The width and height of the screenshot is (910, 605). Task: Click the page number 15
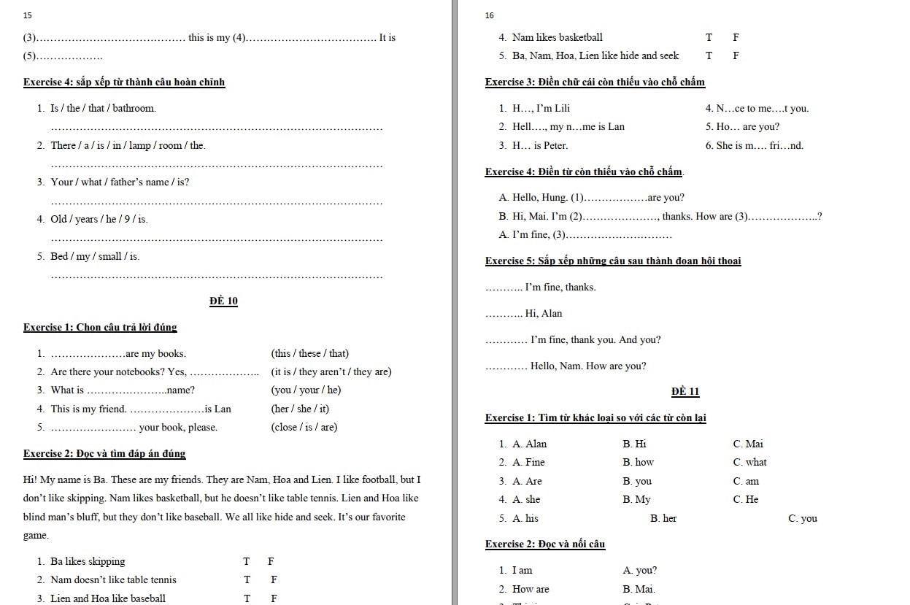28,15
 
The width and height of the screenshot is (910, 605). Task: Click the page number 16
489,15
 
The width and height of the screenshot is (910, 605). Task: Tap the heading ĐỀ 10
223,301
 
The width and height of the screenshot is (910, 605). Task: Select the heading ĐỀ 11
685,391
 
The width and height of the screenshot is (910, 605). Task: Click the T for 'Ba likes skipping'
247,561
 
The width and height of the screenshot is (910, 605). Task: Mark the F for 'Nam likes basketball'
736,37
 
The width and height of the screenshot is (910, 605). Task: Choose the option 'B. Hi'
634,444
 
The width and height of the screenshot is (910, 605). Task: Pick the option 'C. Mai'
748,444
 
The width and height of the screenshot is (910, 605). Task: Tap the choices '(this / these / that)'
309,353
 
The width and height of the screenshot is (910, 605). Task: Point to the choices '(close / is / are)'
304,427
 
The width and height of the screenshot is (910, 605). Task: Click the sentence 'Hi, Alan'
543,313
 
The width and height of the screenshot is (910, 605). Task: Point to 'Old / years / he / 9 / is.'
99,219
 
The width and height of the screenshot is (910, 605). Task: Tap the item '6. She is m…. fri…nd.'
754,145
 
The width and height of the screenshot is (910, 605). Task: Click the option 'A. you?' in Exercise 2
639,570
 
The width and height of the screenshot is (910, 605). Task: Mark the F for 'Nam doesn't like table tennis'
274,579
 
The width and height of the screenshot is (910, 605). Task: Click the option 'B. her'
663,518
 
